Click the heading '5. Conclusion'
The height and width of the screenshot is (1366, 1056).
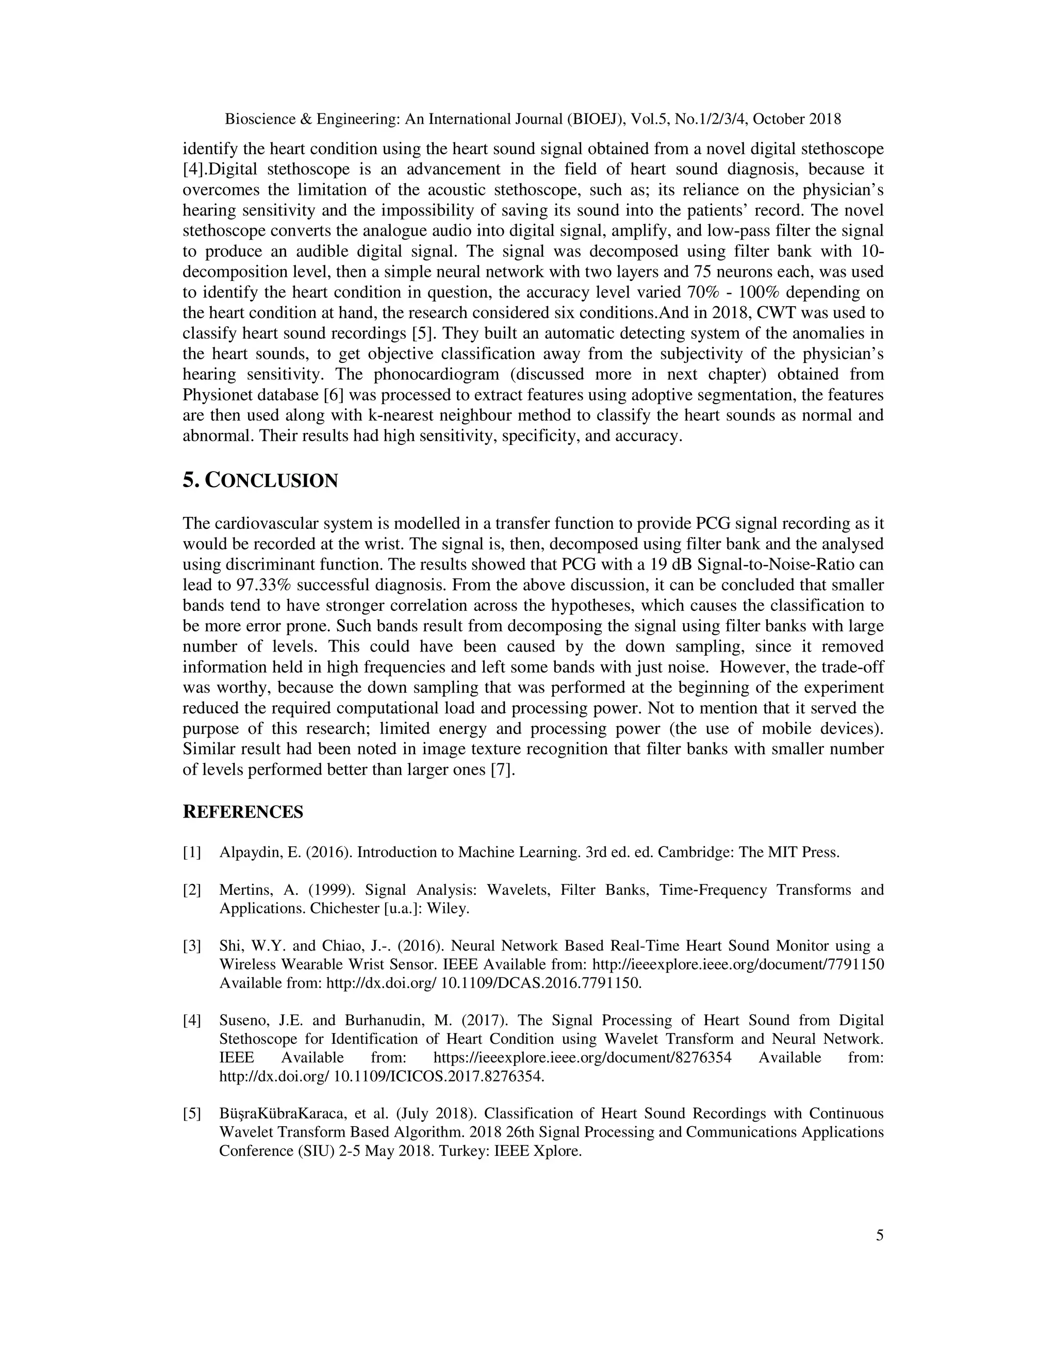260,481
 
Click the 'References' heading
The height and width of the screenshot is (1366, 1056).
243,812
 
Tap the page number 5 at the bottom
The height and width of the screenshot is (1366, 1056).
880,1235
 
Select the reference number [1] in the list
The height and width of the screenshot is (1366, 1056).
192,853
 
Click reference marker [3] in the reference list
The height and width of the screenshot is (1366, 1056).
192,946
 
